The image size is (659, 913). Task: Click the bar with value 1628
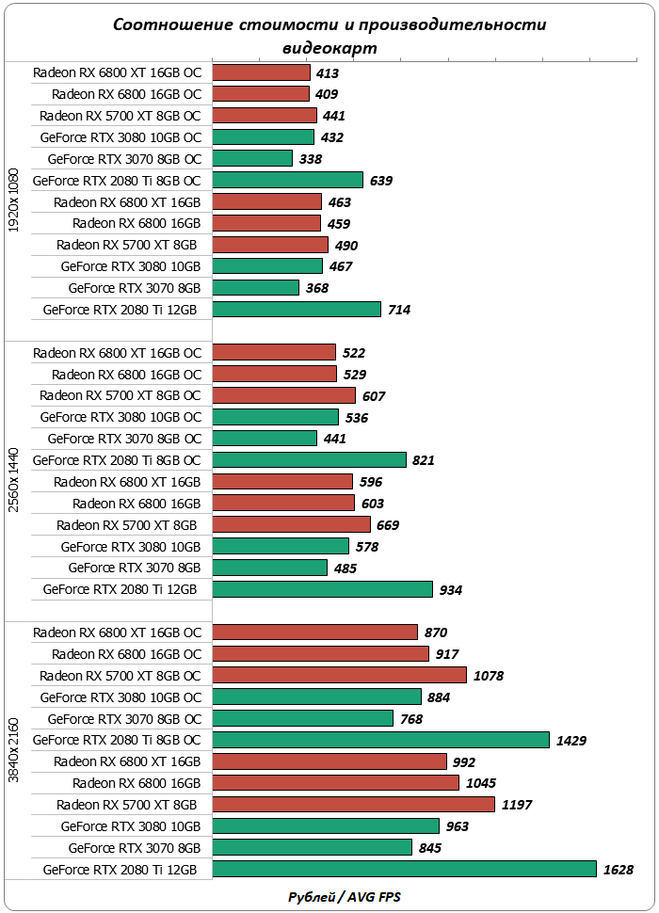click(x=405, y=869)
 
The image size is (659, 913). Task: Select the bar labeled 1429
click(x=381, y=740)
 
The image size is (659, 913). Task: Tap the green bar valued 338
click(x=252, y=158)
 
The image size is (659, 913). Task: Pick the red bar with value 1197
click(x=354, y=805)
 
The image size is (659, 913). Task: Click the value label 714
click(x=398, y=310)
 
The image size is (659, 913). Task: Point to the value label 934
click(x=451, y=590)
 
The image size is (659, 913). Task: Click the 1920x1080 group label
click(x=13, y=201)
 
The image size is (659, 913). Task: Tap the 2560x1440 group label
click(x=13, y=480)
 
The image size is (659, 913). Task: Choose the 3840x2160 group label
click(x=13, y=750)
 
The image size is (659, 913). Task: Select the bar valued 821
click(x=310, y=460)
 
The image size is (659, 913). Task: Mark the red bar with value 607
click(x=284, y=395)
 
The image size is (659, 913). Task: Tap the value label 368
click(x=317, y=288)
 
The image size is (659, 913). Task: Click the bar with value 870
click(x=315, y=633)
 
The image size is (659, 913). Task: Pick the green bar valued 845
click(x=313, y=847)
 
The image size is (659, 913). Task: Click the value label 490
click(x=346, y=245)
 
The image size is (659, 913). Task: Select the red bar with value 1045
click(x=336, y=783)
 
